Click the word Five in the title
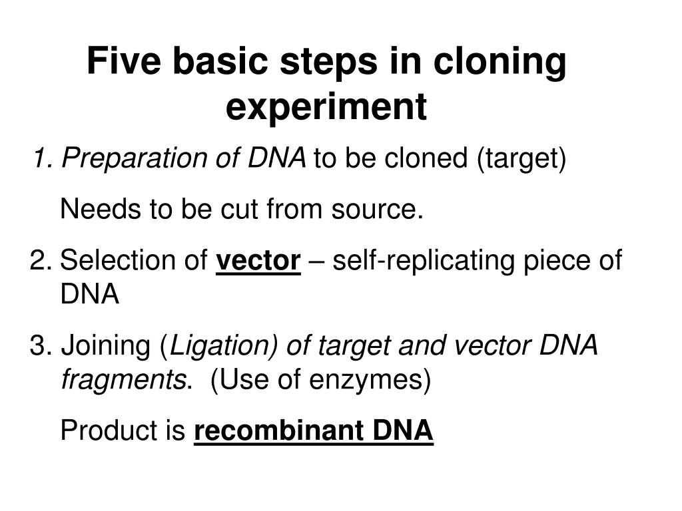[x=125, y=62]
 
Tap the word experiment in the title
[x=326, y=107]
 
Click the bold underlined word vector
[x=258, y=261]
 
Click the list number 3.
[x=37, y=347]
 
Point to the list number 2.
[x=37, y=261]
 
